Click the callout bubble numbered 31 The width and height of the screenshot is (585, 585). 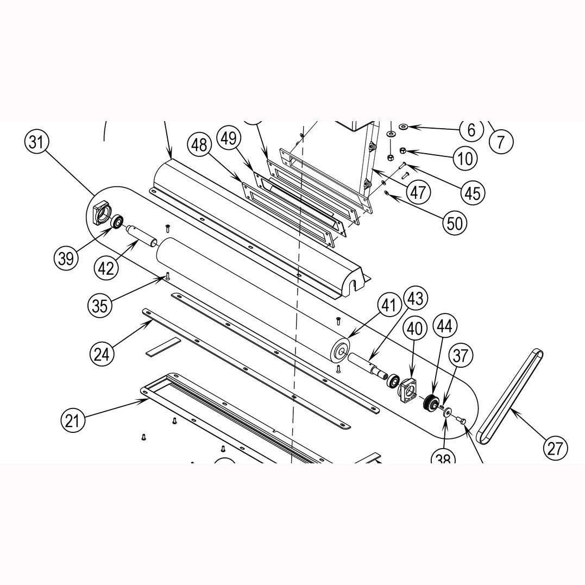pos(36,142)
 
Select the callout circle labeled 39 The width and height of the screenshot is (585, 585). pos(66,258)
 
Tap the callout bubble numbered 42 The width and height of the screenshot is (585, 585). pos(106,267)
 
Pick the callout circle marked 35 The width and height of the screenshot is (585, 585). pos(99,306)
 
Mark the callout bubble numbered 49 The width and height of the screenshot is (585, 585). pos(229,139)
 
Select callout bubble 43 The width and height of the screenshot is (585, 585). pos(416,298)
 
